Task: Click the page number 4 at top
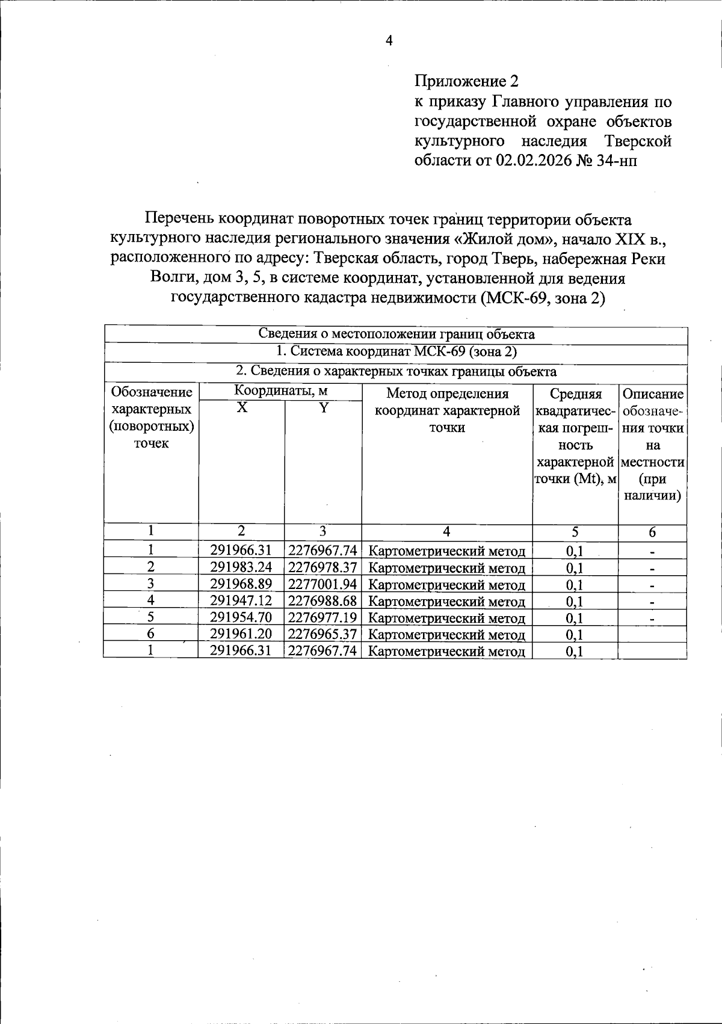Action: (389, 41)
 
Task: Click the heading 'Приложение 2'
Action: (466, 81)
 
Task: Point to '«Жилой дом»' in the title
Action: (503, 238)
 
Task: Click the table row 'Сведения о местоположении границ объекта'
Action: (396, 335)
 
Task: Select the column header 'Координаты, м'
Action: (280, 391)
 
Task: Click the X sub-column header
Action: (241, 408)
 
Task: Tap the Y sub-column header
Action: (323, 408)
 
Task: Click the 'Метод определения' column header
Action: (447, 394)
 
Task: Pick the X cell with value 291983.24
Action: (241, 567)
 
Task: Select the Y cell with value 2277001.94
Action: (323, 584)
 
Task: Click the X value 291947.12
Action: (241, 600)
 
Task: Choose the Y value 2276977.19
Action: (323, 617)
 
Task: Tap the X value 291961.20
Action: (241, 634)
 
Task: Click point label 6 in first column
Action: (150, 634)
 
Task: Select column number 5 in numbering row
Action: (575, 531)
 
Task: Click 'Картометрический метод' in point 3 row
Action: (446, 585)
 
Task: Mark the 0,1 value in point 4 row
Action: (575, 601)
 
